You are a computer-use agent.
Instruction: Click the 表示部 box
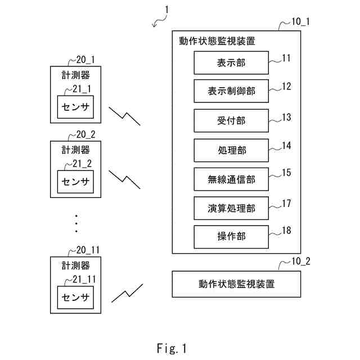(x=231, y=62)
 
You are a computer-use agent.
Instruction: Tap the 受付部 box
(x=231, y=120)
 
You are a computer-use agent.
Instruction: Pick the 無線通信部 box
(x=231, y=179)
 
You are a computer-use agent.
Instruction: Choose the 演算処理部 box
(x=231, y=209)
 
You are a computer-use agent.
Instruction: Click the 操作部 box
(x=231, y=237)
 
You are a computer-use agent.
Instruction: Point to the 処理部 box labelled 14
(x=231, y=150)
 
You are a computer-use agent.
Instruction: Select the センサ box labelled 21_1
(x=76, y=106)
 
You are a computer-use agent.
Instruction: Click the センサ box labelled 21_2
(x=76, y=181)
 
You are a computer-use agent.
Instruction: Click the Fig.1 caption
(x=172, y=349)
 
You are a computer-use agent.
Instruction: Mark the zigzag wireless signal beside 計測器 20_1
(x=124, y=116)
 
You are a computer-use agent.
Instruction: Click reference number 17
(x=286, y=203)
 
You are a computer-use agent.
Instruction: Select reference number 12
(x=286, y=86)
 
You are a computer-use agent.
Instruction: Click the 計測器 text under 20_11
(x=76, y=266)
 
